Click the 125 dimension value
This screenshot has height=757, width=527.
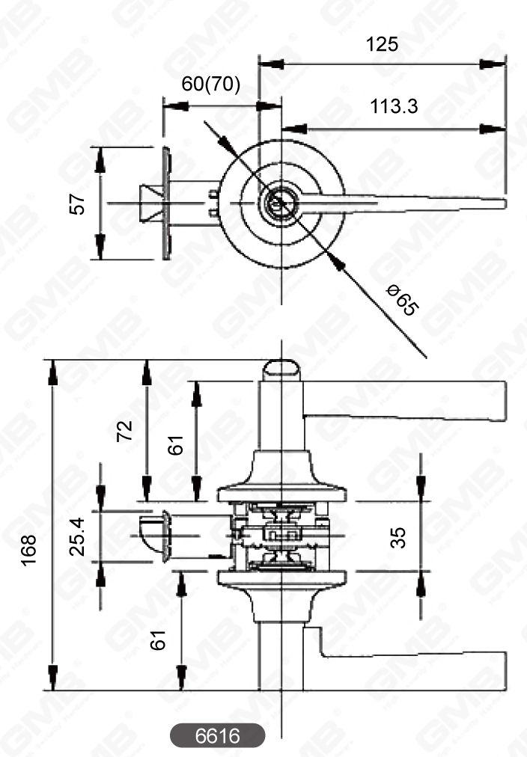382,44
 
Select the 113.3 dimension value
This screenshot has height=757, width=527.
393,107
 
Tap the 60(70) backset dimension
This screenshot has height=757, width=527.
211,85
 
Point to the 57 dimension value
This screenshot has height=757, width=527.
78,203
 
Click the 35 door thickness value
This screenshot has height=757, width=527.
399,536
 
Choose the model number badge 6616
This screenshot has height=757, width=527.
217,736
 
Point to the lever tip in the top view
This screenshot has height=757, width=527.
500,203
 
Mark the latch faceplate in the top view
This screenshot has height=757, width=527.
165,203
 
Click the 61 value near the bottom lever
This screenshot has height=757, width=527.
158,640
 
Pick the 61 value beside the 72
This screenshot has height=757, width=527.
175,447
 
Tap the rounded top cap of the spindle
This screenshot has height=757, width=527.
281,370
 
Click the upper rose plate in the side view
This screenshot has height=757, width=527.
281,494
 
